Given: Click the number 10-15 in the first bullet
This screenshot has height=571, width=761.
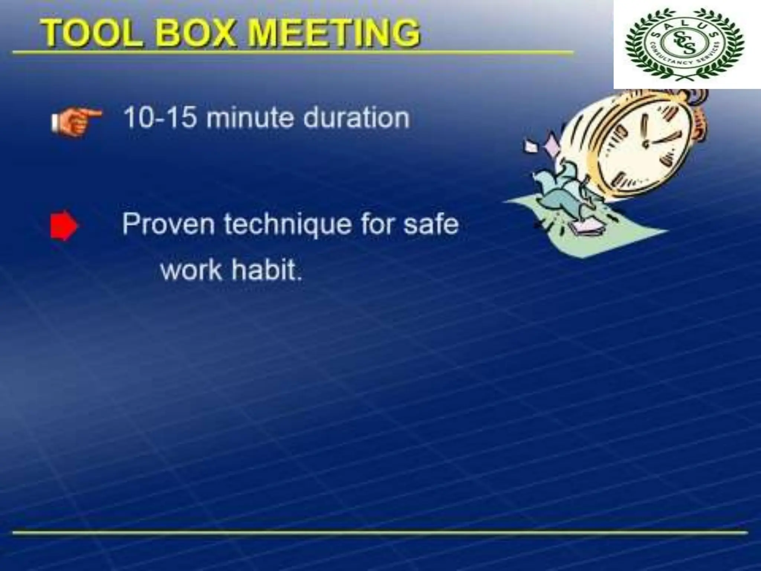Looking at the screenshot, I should coord(160,118).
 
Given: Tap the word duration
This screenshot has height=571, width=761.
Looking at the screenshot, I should coord(356,118).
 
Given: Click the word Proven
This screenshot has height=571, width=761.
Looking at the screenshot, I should coord(168,224).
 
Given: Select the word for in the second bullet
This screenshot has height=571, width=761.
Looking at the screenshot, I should coord(375,224).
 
